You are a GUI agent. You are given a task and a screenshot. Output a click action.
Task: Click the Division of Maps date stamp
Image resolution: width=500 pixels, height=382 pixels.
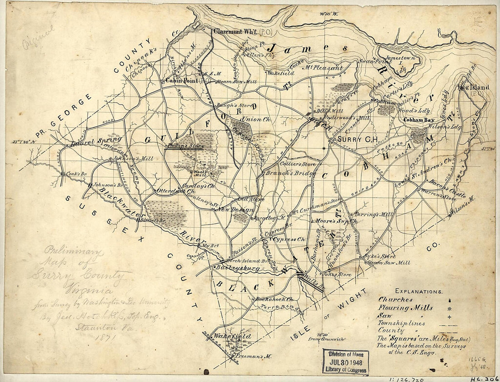(x=345, y=362)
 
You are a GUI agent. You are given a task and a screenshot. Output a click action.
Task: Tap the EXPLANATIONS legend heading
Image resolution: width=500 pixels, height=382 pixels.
(x=418, y=291)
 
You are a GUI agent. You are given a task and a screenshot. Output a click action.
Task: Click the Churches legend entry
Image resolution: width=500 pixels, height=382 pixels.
(x=395, y=300)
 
